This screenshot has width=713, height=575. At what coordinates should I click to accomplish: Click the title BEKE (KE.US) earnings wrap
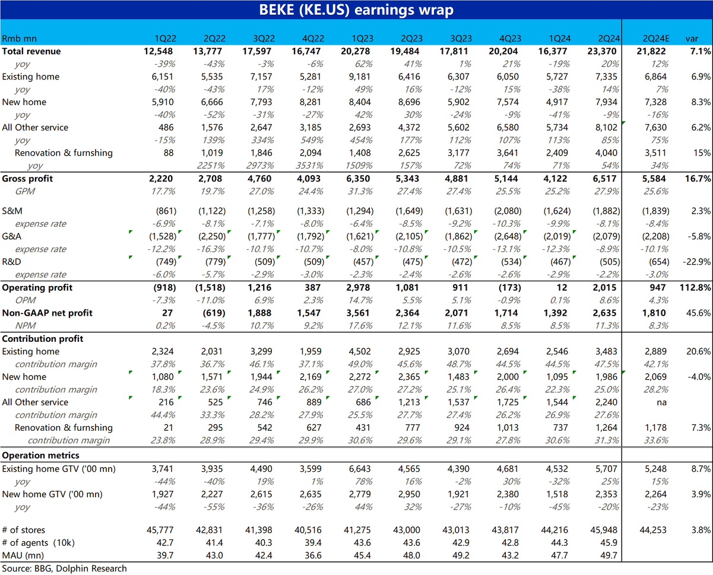click(x=356, y=10)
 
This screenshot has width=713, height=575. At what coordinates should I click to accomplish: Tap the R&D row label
click(x=11, y=262)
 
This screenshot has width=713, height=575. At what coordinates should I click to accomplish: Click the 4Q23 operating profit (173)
click(x=508, y=288)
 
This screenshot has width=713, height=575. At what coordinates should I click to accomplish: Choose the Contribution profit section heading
click(x=43, y=339)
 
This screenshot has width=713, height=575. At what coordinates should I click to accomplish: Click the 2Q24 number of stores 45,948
click(x=603, y=530)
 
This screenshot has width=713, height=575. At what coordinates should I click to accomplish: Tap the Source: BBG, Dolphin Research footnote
click(x=64, y=568)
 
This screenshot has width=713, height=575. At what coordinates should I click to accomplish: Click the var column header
click(x=692, y=39)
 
